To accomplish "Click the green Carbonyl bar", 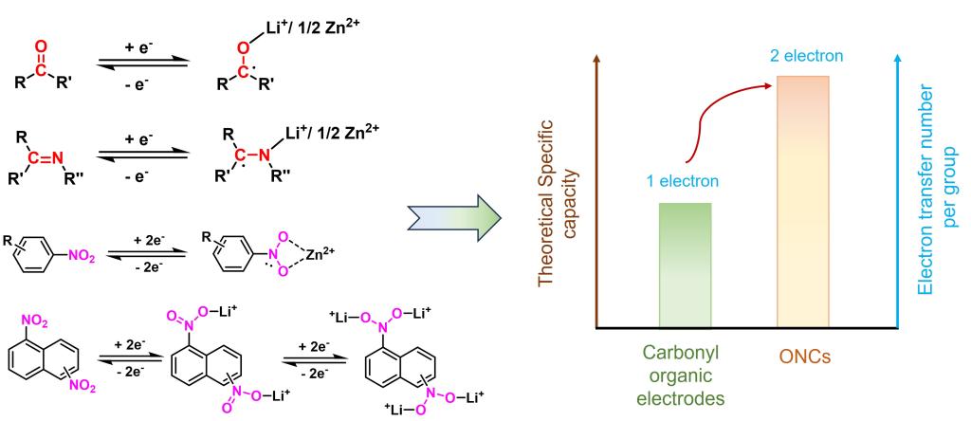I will [684, 265].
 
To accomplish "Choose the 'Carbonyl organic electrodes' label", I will [684, 375].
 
